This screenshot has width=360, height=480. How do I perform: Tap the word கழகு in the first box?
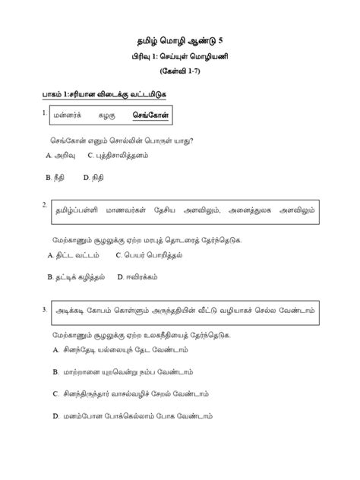(106, 116)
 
